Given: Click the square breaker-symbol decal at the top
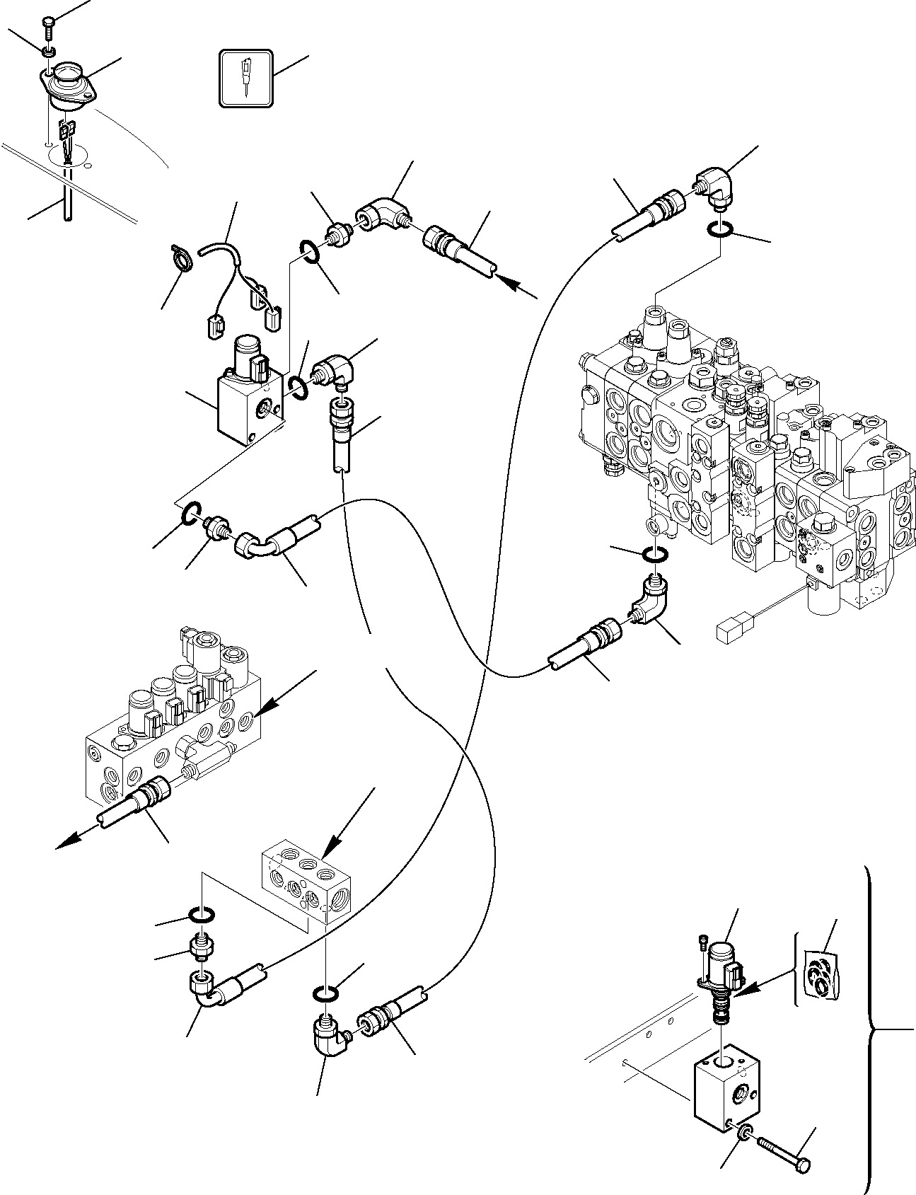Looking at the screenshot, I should coord(245,79).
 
